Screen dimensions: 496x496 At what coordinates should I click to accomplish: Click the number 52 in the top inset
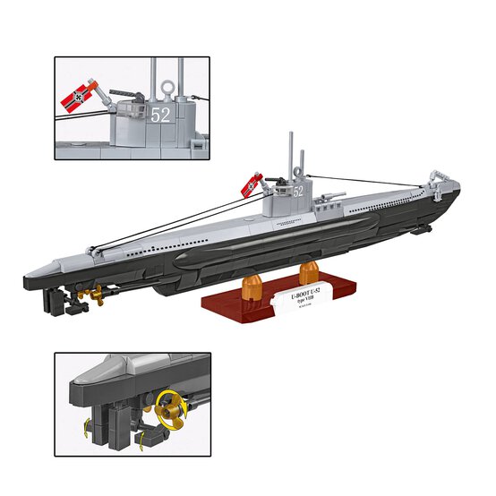[160, 115]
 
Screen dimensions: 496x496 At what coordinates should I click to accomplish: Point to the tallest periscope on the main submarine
[288, 157]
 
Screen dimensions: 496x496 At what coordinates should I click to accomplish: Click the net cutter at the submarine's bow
[439, 172]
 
